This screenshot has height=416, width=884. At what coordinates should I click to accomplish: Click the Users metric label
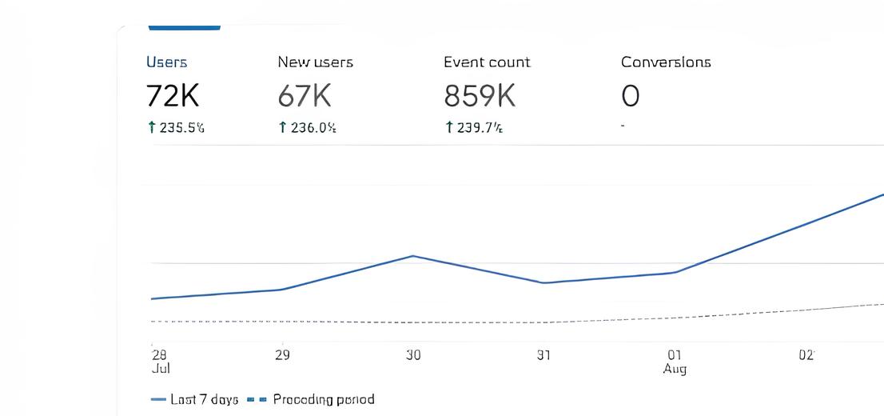tap(166, 62)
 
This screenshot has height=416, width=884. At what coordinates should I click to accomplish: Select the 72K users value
tap(172, 97)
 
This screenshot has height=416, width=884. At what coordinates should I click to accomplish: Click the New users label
tap(315, 62)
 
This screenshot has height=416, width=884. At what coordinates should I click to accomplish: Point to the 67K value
tap(304, 97)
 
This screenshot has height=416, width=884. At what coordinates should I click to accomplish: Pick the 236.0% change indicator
tap(307, 128)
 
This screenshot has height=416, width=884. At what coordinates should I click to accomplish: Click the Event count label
tap(487, 62)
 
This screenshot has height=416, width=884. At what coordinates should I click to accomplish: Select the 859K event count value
tap(480, 97)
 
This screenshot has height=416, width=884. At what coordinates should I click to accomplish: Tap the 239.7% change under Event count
tap(475, 128)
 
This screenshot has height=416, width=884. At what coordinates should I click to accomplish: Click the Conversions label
tap(666, 62)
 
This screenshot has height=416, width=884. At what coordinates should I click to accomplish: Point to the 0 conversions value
tap(630, 97)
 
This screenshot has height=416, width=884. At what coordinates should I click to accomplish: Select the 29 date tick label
tap(282, 355)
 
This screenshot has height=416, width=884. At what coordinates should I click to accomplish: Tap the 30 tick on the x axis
tap(412, 355)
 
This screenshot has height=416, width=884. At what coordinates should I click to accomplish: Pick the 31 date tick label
tap(544, 355)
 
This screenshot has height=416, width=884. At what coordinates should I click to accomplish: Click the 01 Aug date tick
tap(675, 361)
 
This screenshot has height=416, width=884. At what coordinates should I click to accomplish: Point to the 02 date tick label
tap(806, 355)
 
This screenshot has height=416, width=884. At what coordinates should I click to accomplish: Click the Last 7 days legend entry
tap(194, 399)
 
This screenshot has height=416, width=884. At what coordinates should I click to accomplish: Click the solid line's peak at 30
tap(412, 256)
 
